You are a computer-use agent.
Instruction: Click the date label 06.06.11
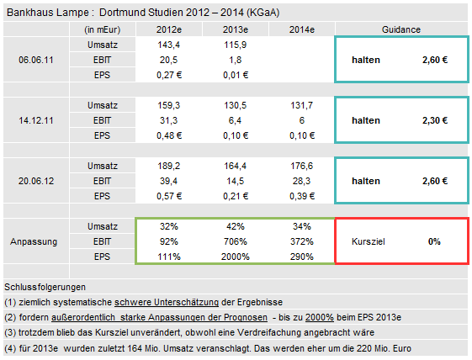click(38, 60)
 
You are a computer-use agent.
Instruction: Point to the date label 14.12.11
click(38, 120)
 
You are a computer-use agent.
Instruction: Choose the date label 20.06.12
click(38, 181)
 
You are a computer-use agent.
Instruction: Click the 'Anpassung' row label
click(34, 241)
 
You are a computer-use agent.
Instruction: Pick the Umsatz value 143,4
click(169, 45)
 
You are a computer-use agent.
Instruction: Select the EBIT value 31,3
click(169, 120)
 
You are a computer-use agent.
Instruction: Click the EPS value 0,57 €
click(169, 196)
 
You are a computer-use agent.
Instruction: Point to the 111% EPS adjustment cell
click(169, 257)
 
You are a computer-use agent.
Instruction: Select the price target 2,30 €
click(434, 120)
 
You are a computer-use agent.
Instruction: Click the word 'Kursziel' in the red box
click(369, 241)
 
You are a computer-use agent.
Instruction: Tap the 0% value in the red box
click(434, 241)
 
